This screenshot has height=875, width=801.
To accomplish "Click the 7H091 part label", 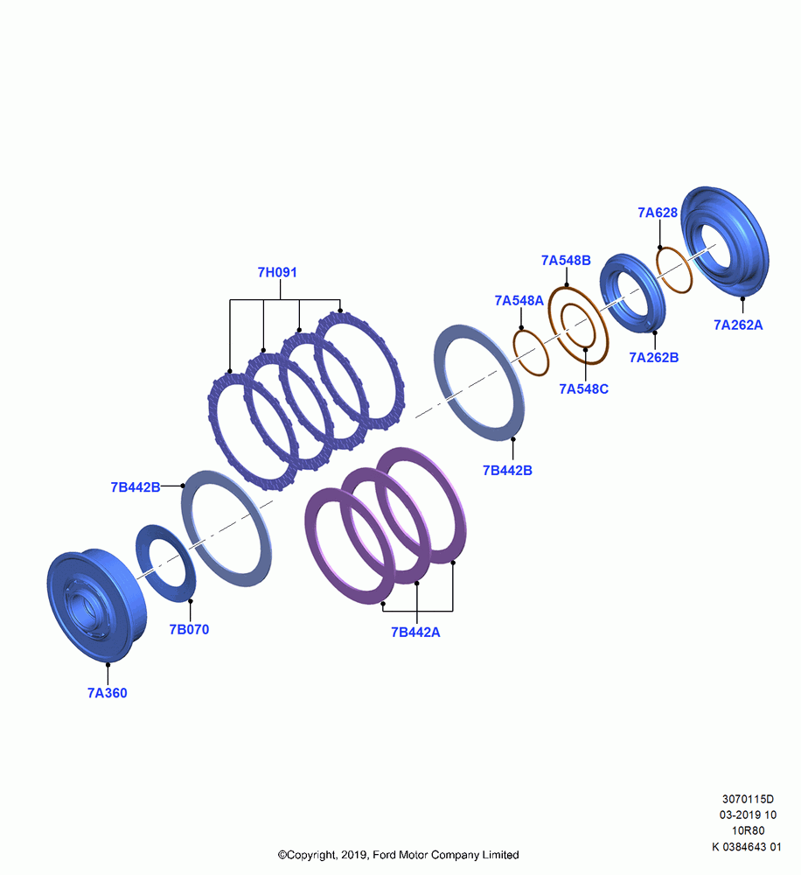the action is click(277, 272).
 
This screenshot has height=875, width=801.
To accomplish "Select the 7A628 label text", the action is click(658, 213).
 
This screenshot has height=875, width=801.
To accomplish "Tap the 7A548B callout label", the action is click(566, 261).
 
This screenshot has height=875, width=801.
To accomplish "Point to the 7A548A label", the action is click(519, 301).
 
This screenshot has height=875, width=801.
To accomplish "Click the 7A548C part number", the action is click(583, 389).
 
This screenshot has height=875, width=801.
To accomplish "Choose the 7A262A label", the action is click(738, 325).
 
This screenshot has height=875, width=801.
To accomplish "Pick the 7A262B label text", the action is click(654, 358).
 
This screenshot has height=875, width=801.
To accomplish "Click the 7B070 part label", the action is click(189, 629).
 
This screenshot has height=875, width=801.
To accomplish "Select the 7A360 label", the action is click(107, 693).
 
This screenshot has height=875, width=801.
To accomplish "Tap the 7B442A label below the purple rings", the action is click(415, 633).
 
